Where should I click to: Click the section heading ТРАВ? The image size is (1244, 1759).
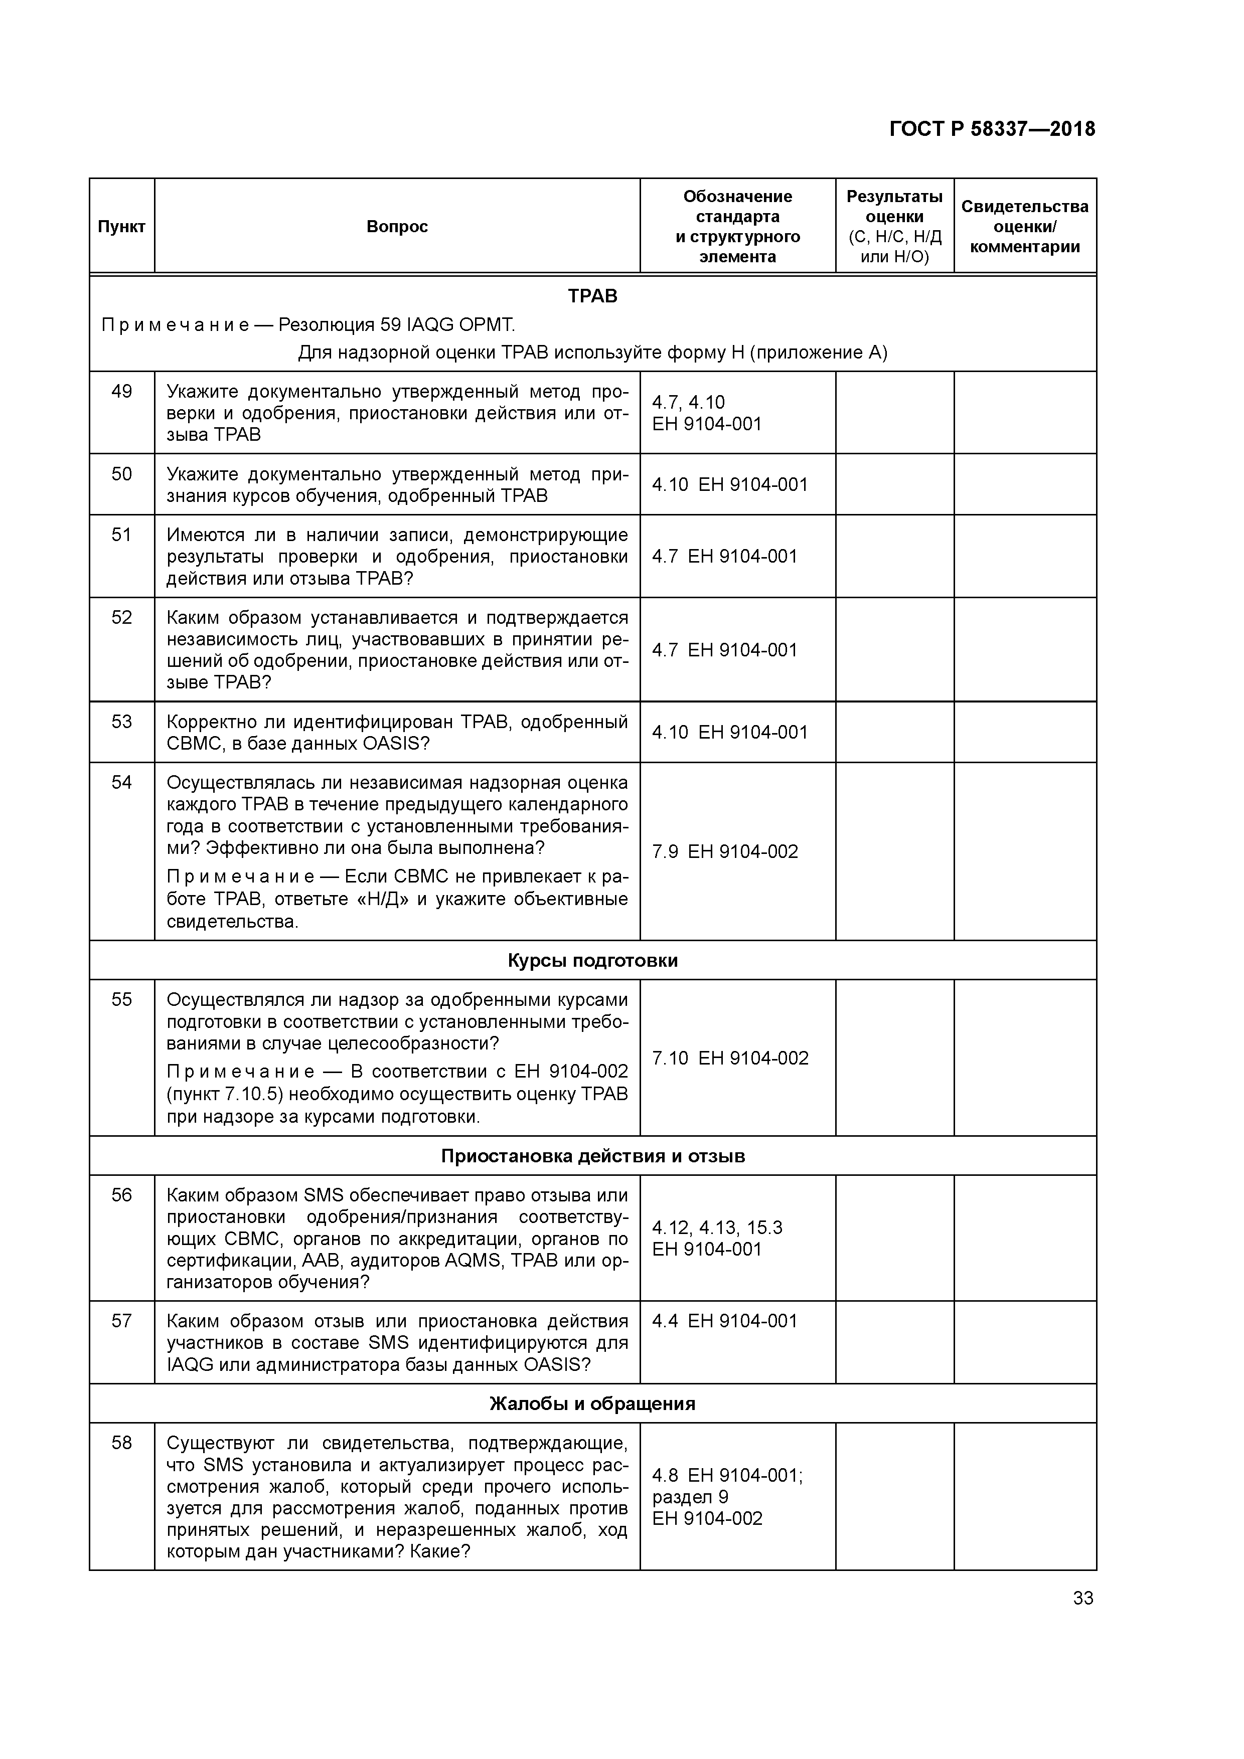pyautogui.click(x=592, y=296)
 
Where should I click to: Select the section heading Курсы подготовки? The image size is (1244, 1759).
pyautogui.click(x=592, y=961)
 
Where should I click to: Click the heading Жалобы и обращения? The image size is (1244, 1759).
pyautogui.click(x=592, y=1403)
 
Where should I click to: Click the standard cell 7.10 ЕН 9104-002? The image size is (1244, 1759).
pyautogui.click(x=730, y=1058)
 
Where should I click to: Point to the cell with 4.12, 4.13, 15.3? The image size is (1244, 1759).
pyautogui.click(x=717, y=1228)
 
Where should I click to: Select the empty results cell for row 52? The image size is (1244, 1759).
pyautogui.click(x=894, y=650)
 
